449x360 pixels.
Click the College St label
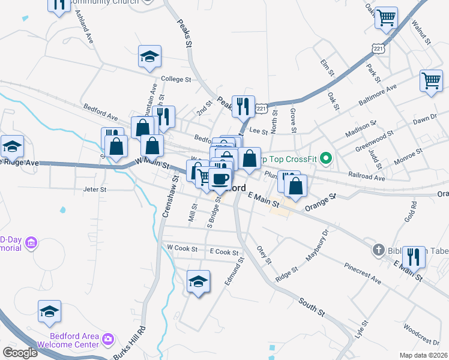(175, 79)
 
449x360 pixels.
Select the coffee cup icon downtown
(220, 178)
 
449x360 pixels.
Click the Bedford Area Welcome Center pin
(108, 339)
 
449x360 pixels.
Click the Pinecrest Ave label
(363, 273)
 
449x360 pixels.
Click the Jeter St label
(95, 189)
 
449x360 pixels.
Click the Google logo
(20, 352)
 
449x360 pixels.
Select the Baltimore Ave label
(379, 95)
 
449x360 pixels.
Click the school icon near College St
(149, 57)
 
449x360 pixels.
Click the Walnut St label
(423, 31)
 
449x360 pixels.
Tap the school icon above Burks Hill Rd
(50, 311)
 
